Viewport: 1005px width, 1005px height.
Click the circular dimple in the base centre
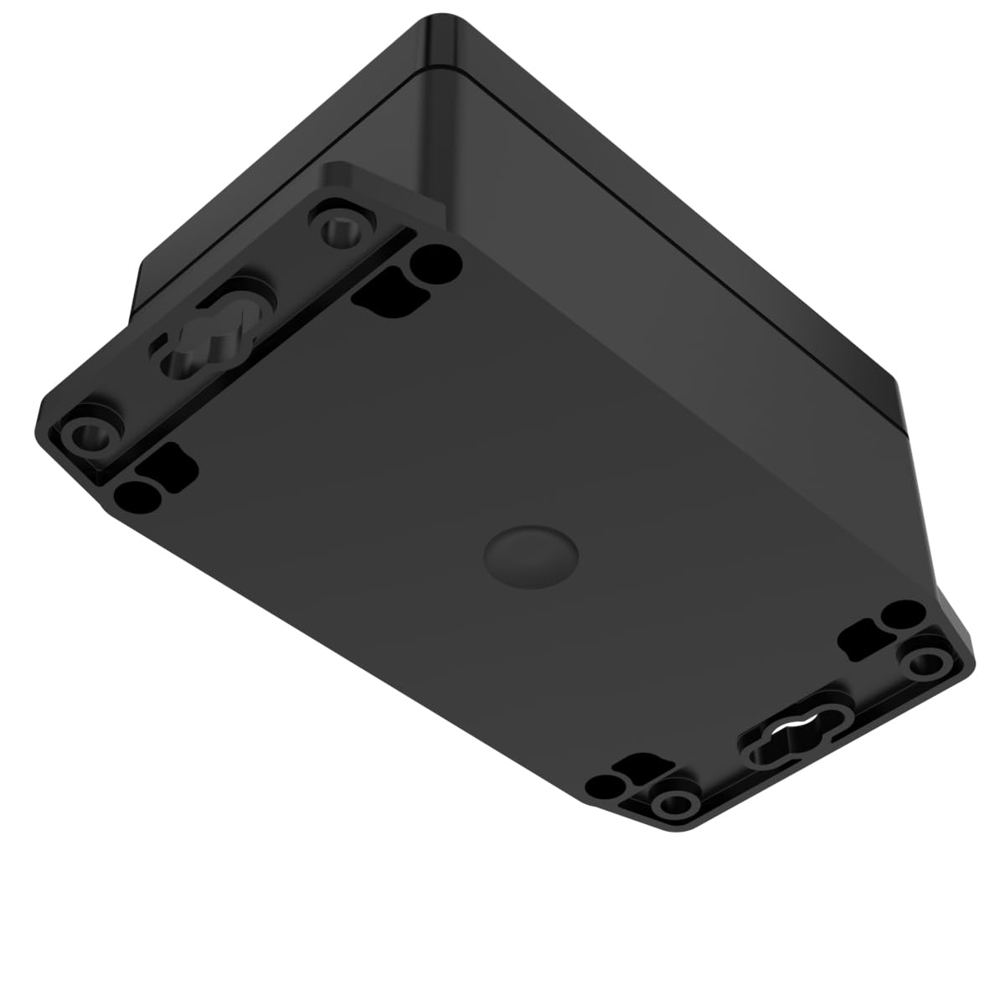[531, 554]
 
